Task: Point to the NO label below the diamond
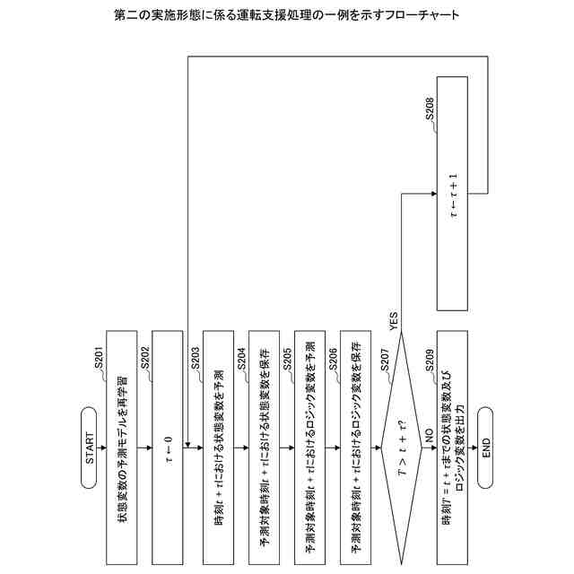428,432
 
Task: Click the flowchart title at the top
287,16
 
